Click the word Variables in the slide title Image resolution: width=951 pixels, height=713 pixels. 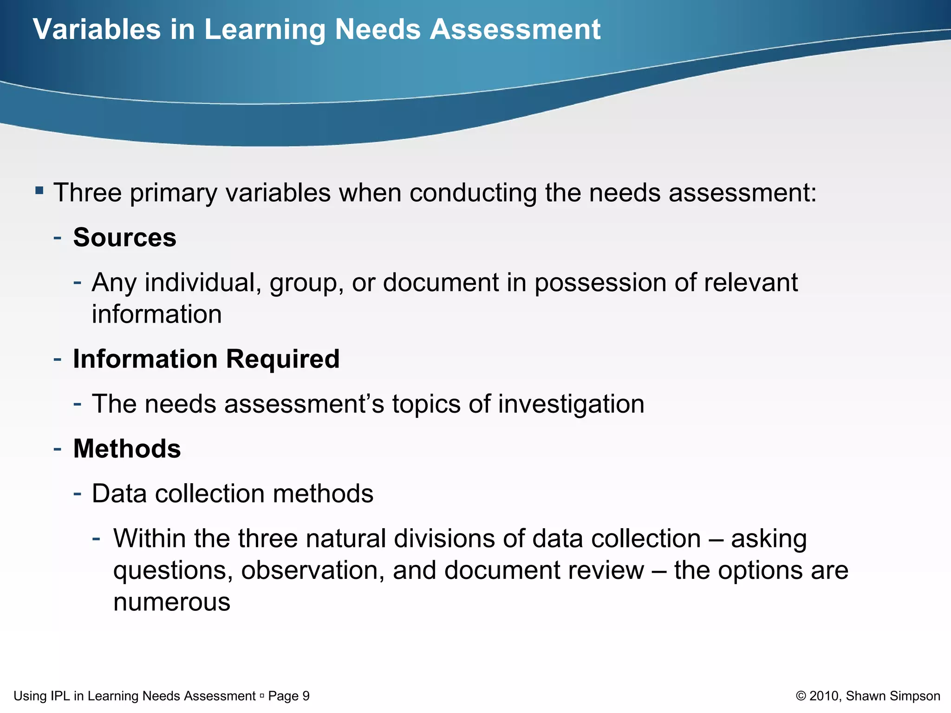click(97, 29)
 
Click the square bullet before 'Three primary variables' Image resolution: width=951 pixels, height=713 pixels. click(39, 190)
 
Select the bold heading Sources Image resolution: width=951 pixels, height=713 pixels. click(125, 238)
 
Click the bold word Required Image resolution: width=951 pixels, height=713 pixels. click(283, 359)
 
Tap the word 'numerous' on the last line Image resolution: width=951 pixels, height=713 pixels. click(172, 602)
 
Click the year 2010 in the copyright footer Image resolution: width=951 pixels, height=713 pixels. click(824, 696)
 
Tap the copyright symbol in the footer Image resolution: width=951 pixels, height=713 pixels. click(801, 696)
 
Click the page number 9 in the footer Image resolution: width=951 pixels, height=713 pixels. click(306, 696)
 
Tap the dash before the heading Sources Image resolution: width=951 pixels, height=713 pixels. click(58, 238)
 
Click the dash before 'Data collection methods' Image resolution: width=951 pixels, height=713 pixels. click(78, 493)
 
